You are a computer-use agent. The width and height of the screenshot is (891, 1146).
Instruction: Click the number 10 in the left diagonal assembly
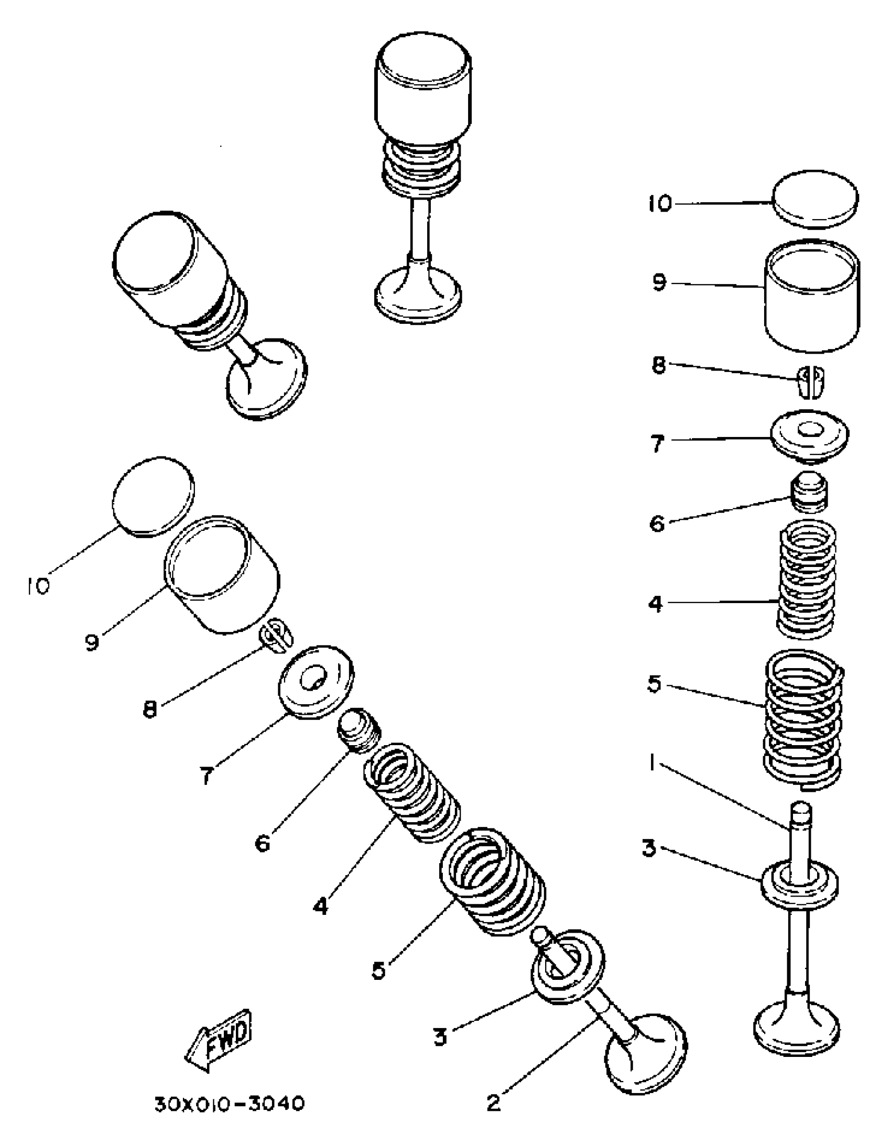(38, 585)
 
